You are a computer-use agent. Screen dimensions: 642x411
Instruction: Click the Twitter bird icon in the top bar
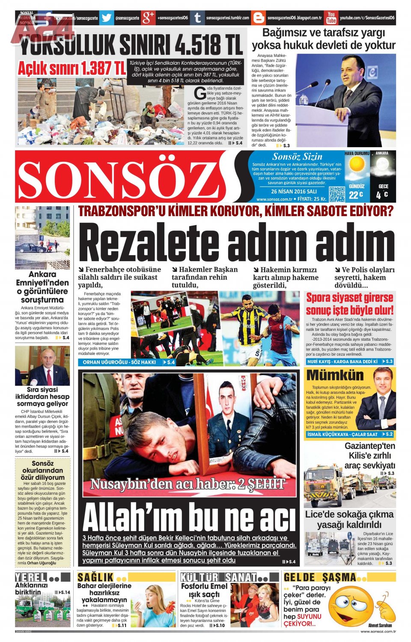(x=107, y=18)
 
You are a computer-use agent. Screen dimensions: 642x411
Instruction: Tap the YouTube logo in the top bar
(x=331, y=18)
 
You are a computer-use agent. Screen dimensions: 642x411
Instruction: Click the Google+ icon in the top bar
(x=148, y=18)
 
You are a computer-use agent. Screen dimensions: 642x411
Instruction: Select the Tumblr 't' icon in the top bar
(x=197, y=18)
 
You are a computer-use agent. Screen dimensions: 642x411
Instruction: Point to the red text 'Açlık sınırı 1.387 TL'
(x=71, y=68)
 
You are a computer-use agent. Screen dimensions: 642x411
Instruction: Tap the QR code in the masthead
(x=337, y=194)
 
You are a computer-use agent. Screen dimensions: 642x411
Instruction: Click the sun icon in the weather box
(x=356, y=165)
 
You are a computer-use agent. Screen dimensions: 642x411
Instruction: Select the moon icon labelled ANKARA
(x=383, y=165)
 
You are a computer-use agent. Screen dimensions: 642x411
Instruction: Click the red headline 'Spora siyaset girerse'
(x=349, y=297)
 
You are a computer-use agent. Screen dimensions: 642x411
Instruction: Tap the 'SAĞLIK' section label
(x=95, y=577)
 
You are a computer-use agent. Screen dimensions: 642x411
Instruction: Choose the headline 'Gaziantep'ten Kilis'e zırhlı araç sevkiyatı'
(x=369, y=455)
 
